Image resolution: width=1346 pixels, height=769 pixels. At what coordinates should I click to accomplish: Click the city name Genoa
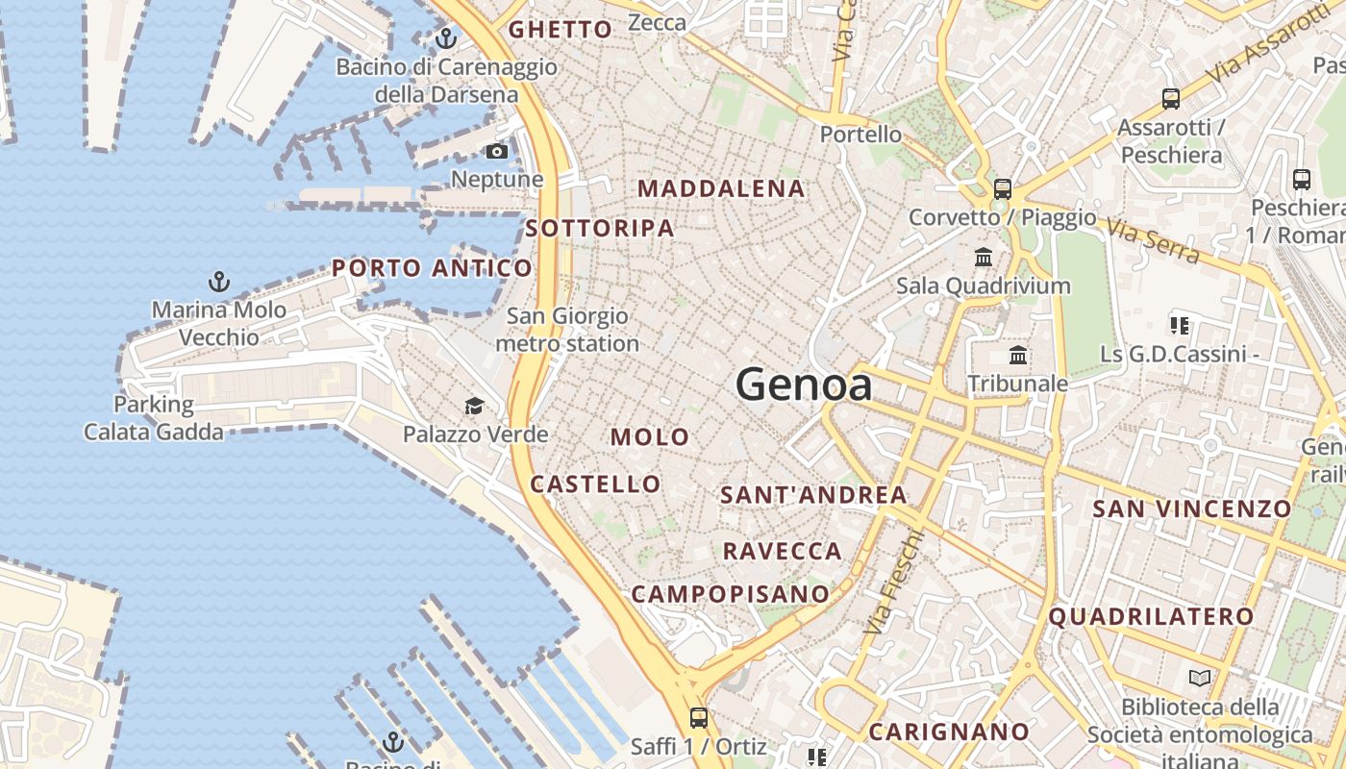click(804, 385)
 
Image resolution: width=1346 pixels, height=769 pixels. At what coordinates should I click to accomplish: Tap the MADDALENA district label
click(721, 188)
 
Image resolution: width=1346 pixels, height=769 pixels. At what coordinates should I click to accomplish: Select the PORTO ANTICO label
click(432, 268)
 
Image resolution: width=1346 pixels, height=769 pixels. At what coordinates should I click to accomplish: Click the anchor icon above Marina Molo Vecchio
click(219, 282)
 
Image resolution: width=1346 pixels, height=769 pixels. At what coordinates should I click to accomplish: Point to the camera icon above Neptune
click(497, 151)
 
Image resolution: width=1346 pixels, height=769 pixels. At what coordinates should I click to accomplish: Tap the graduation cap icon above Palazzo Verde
click(474, 406)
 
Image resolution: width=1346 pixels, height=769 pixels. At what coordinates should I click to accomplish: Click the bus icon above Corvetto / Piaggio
click(1003, 188)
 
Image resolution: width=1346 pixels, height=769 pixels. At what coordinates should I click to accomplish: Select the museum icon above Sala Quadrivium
click(984, 257)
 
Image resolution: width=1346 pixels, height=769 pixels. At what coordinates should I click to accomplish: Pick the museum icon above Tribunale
click(1018, 356)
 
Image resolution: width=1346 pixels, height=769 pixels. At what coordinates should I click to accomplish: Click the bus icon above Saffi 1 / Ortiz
click(699, 717)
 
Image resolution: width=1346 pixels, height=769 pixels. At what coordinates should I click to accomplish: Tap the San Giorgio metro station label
click(567, 330)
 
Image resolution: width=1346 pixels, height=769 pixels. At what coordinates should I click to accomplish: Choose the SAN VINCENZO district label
click(1192, 509)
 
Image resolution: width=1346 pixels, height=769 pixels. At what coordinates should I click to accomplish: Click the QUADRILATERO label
click(1151, 617)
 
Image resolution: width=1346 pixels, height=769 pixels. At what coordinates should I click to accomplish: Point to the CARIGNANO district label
click(949, 732)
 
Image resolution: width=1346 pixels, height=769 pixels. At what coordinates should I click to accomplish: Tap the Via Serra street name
click(1152, 241)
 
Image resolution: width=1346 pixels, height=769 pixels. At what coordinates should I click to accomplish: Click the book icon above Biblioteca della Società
click(1199, 679)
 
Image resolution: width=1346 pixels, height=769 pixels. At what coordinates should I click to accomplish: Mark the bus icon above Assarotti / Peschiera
click(1171, 98)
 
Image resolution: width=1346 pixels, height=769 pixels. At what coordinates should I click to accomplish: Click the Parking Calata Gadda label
click(154, 418)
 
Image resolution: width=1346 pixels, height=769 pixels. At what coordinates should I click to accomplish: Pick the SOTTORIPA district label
click(600, 229)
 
